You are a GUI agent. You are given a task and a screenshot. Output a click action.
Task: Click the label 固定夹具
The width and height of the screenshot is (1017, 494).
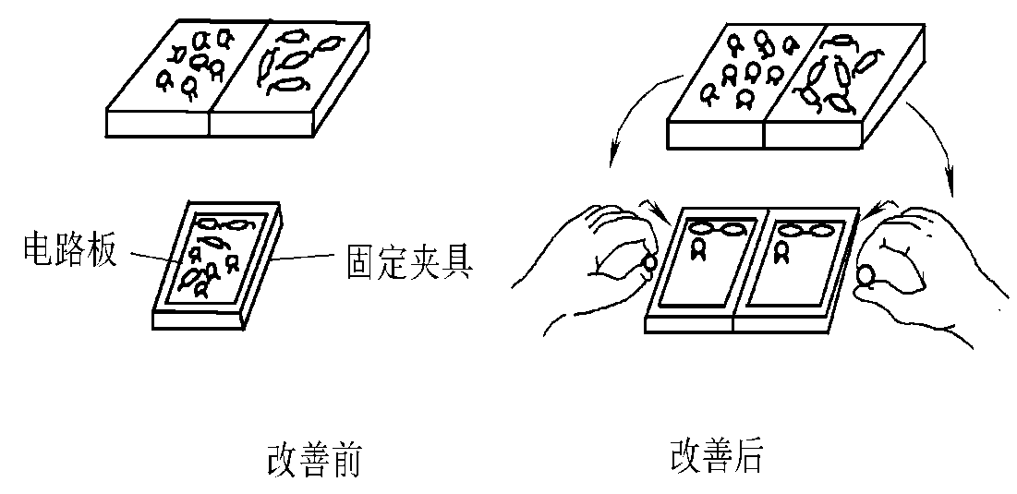point(408,262)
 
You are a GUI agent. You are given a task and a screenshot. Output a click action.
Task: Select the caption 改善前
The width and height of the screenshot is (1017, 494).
point(312,458)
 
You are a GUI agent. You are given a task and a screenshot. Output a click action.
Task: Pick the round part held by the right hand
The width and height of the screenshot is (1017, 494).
point(867,273)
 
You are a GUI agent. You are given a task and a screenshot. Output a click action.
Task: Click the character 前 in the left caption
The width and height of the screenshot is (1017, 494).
point(343,458)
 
